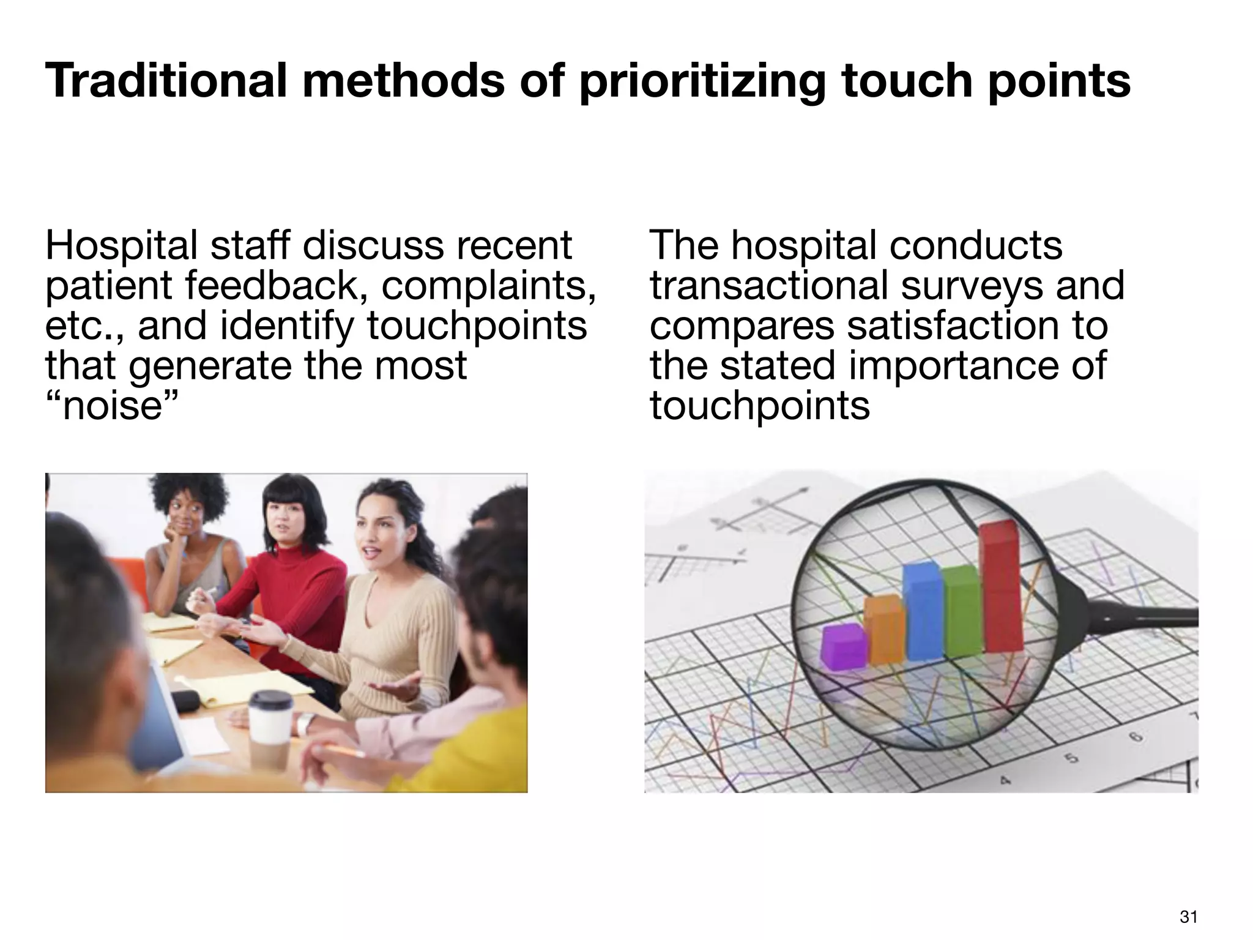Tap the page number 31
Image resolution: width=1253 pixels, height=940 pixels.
click(1188, 917)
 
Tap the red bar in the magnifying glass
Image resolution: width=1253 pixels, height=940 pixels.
click(1000, 587)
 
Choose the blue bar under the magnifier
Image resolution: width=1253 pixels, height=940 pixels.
click(923, 612)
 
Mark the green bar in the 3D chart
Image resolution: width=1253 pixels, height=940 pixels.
click(963, 612)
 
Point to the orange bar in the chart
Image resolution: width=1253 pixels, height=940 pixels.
click(885, 630)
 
